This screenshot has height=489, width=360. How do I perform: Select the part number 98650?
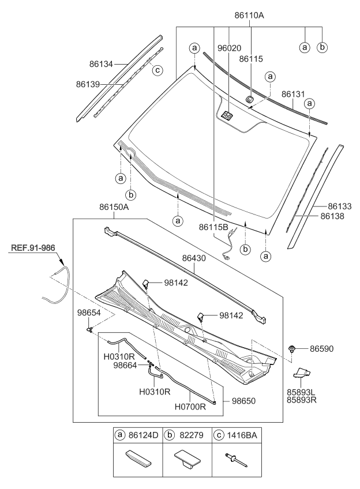coord(244,400)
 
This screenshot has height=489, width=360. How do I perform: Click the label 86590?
coord(322,349)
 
